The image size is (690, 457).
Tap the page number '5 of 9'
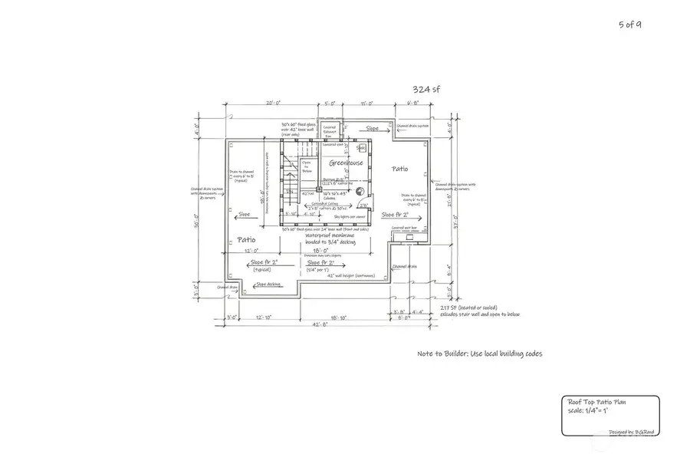point(630,25)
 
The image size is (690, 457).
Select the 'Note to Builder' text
point(480,354)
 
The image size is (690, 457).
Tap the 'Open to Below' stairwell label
point(306,167)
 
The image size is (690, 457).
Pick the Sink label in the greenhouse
point(360,147)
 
